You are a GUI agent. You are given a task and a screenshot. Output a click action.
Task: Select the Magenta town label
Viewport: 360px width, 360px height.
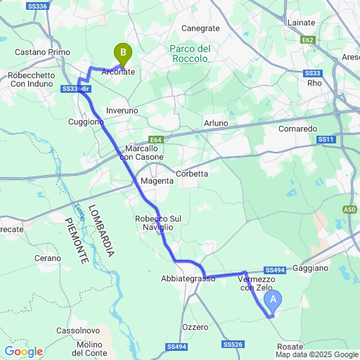(x=157, y=181)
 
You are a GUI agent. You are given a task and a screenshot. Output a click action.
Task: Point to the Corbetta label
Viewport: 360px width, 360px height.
(x=192, y=174)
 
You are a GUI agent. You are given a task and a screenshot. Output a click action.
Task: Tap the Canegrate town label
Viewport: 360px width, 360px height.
(x=200, y=28)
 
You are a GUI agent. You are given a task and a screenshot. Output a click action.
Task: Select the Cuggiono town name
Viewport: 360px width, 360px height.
(x=86, y=122)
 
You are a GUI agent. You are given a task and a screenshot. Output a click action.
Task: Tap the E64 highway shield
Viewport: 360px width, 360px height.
(x=156, y=140)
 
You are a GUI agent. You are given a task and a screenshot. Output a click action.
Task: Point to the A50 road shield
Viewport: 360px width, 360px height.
(x=350, y=210)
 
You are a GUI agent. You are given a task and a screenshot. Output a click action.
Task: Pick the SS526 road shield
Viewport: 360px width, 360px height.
(x=233, y=345)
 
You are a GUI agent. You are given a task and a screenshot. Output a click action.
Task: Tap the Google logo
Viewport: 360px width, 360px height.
(x=22, y=352)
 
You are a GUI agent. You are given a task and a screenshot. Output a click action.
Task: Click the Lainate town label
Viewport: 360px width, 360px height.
(x=302, y=22)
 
